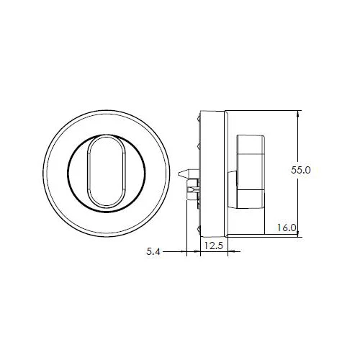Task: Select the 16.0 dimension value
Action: pyautogui.click(x=287, y=228)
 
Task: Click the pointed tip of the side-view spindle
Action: pyautogui.click(x=179, y=173)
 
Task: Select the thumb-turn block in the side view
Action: pyautogui.click(x=251, y=171)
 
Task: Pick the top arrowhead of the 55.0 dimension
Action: pyautogui.click(x=298, y=113)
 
